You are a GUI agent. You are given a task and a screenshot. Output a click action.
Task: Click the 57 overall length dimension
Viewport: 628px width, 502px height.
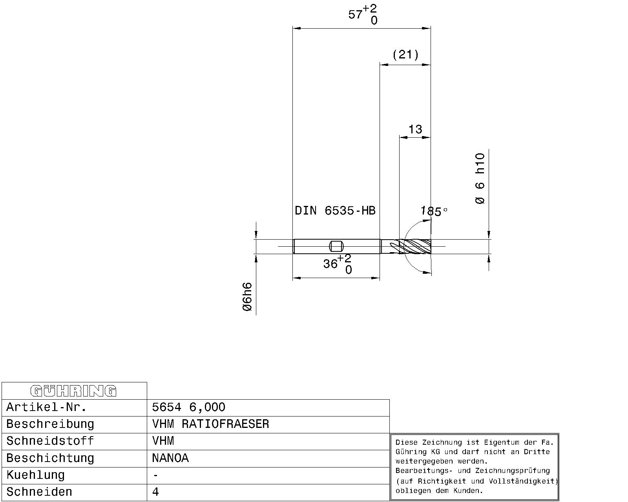[x=362, y=14]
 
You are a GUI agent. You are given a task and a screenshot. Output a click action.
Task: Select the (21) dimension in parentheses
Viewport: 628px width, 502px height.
[x=405, y=55]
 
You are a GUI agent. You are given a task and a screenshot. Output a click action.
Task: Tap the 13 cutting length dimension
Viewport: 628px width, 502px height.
[x=415, y=129]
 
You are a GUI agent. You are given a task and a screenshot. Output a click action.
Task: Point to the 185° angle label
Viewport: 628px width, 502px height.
[x=434, y=211]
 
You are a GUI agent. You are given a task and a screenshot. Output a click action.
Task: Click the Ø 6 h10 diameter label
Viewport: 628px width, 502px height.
[x=480, y=178]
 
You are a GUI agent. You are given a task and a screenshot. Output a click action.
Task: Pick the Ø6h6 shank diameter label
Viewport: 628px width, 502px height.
[x=247, y=296]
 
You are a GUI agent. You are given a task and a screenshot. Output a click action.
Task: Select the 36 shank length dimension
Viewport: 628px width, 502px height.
[x=337, y=264]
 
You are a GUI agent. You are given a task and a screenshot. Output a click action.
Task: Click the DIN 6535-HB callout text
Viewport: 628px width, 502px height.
[x=335, y=210]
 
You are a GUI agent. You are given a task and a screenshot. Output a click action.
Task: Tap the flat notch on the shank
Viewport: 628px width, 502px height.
[x=336, y=246]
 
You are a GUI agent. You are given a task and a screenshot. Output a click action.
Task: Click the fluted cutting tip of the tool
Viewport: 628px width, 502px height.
[x=415, y=246]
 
